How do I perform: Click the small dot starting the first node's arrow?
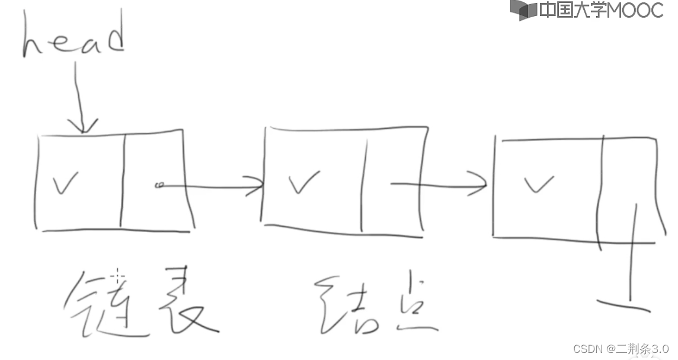(158, 186)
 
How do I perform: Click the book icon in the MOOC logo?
(523, 10)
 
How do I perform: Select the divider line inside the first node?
(123, 181)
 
